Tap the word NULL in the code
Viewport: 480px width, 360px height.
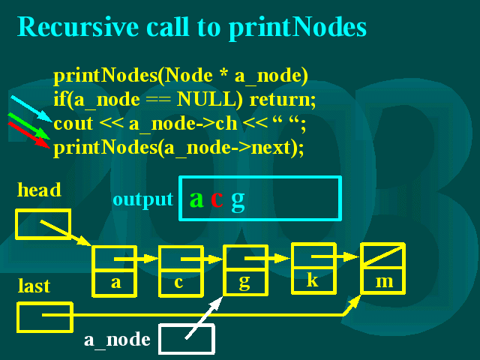(x=210, y=99)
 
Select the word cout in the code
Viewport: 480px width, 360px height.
(x=73, y=124)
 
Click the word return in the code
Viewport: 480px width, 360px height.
(x=283, y=100)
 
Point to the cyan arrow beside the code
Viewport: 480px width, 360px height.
(x=31, y=109)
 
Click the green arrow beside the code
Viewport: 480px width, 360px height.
(x=28, y=126)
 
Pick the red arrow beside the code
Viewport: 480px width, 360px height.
(x=29, y=135)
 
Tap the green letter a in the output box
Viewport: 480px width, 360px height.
(x=196, y=199)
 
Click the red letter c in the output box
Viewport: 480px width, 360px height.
(x=217, y=199)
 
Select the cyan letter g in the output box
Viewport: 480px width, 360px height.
(x=238, y=202)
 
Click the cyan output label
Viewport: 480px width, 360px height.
(x=143, y=200)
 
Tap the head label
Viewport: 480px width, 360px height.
(x=39, y=190)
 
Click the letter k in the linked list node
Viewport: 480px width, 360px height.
(x=313, y=279)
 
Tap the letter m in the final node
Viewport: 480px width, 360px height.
(x=384, y=281)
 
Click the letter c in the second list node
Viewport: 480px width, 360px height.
(x=178, y=282)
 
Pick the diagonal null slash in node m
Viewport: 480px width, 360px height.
(x=383, y=255)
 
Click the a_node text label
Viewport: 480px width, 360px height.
(x=117, y=340)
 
